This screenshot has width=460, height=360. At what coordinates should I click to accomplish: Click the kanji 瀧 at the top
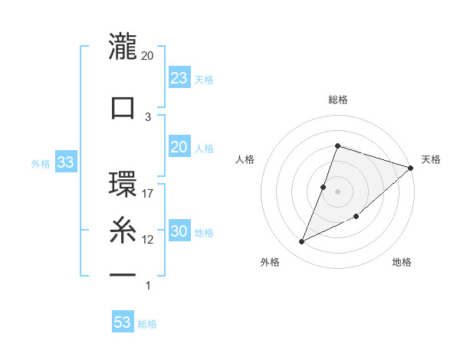[123, 47]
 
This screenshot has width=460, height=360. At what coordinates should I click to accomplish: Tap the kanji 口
[123, 107]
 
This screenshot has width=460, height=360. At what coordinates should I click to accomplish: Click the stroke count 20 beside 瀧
[148, 56]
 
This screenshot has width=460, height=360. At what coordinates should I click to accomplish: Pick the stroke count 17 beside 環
[148, 193]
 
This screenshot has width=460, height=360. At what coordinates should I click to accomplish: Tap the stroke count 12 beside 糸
[148, 240]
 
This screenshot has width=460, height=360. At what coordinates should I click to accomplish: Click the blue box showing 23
[179, 77]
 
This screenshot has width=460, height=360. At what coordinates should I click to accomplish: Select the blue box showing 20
[179, 147]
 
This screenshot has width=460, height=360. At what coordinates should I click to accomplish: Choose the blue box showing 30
[179, 232]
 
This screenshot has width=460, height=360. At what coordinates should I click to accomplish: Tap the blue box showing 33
[65, 162]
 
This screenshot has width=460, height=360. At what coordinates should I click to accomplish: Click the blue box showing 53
[123, 322]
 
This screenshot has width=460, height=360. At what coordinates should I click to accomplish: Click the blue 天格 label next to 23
[204, 79]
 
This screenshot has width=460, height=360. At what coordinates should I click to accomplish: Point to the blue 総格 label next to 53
[148, 324]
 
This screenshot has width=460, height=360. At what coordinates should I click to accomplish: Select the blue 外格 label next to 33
[41, 163]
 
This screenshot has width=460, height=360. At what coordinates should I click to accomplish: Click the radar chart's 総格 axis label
[337, 100]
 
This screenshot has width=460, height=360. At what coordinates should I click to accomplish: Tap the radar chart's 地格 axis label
[402, 263]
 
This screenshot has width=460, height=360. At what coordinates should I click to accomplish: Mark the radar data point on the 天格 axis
[411, 168]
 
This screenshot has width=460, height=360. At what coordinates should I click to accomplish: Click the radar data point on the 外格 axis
[302, 242]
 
